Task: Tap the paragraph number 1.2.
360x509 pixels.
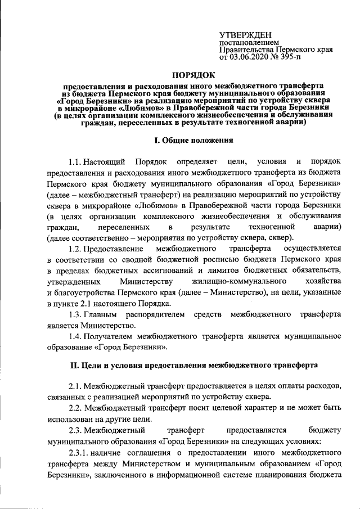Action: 76,248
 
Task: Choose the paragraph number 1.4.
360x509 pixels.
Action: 76,336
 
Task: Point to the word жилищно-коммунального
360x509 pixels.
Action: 231,281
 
